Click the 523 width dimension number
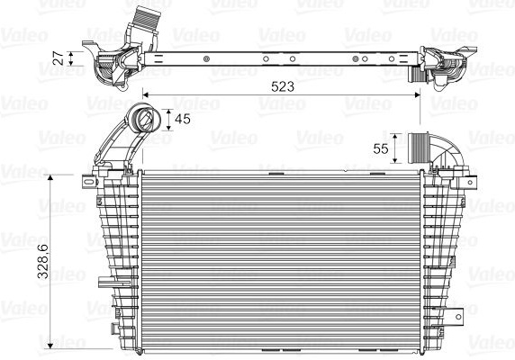coord(283,86)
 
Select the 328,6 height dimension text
coord(43,262)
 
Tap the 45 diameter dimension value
coord(183,119)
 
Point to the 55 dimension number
coord(381,148)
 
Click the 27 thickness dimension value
coord(59,58)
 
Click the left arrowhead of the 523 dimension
coord(146,94)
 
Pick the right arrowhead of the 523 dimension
coord(417,94)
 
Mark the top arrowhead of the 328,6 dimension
coord(50,178)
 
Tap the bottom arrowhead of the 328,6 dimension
coord(50,346)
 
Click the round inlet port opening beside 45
coord(145,118)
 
